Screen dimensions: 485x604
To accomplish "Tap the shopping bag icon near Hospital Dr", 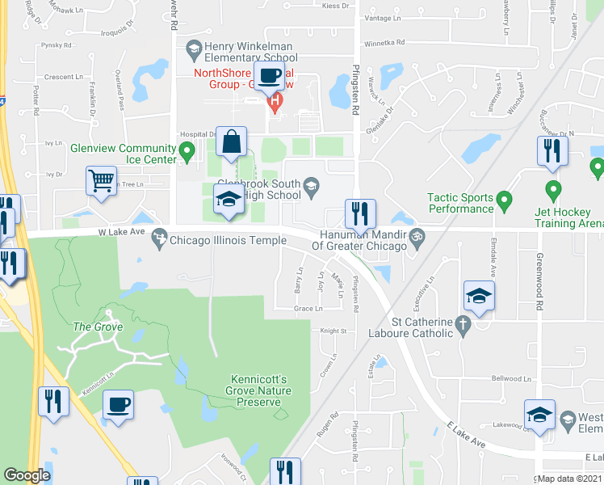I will pos(232,142).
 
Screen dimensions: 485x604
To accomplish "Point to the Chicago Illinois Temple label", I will pos(229,240).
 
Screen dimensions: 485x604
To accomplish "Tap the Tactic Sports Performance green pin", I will pos(505,198).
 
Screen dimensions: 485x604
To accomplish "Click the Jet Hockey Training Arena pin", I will pos(553,192).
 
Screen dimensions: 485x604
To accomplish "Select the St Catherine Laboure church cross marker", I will pos(463,326).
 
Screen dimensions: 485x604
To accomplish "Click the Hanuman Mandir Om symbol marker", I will pos(417,237).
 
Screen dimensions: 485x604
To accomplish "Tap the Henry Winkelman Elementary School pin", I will pos(193,53).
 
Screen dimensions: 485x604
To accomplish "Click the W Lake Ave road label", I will pos(122,231).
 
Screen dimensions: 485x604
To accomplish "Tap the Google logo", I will pos(27,475).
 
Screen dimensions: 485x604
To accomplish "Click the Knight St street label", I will pos(333,331).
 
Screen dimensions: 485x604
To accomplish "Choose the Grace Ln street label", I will pos(308,309).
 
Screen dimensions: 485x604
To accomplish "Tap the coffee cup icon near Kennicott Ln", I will pos(118,404).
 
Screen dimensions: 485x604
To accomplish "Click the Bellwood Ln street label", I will pos(513,378).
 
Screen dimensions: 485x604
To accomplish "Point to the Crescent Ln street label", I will pos(60,78).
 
